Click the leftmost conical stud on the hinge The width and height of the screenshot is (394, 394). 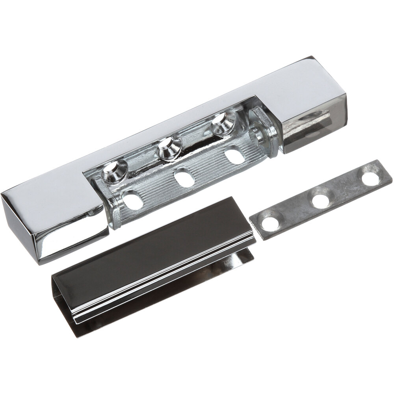coord(113,170)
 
